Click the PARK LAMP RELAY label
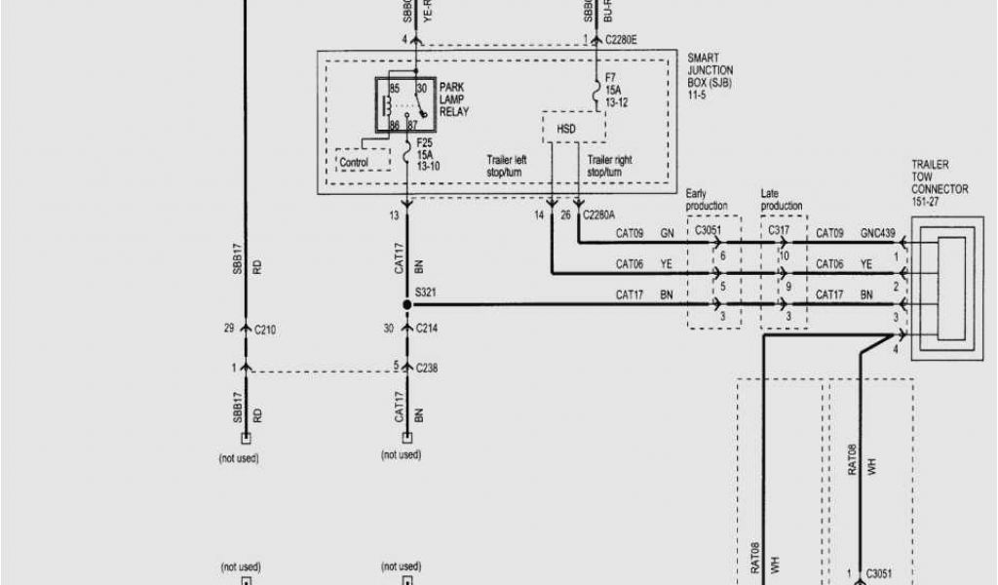point(451,99)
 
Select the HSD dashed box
point(565,127)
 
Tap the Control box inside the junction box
point(354,162)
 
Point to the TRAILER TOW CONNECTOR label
point(939,183)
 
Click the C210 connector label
point(265,330)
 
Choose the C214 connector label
point(428,330)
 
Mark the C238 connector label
point(428,368)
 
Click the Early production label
point(707,200)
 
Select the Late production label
point(782,200)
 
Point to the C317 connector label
point(779,230)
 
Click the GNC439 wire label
point(878,234)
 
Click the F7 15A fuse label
point(615,90)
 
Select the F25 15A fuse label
point(427,154)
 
